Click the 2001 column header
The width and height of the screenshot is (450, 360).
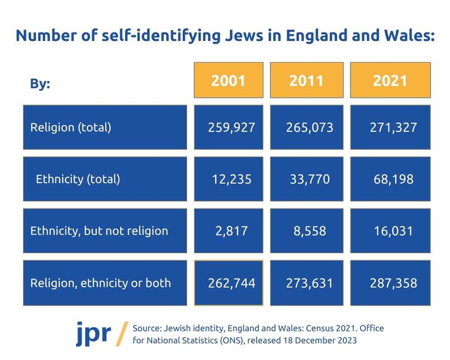228,80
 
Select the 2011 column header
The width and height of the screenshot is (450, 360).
306,80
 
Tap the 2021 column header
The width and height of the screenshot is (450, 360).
390,80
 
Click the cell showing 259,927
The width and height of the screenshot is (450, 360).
228,127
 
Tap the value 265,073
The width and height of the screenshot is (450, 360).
306,127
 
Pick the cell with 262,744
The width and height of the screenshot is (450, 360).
228,283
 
